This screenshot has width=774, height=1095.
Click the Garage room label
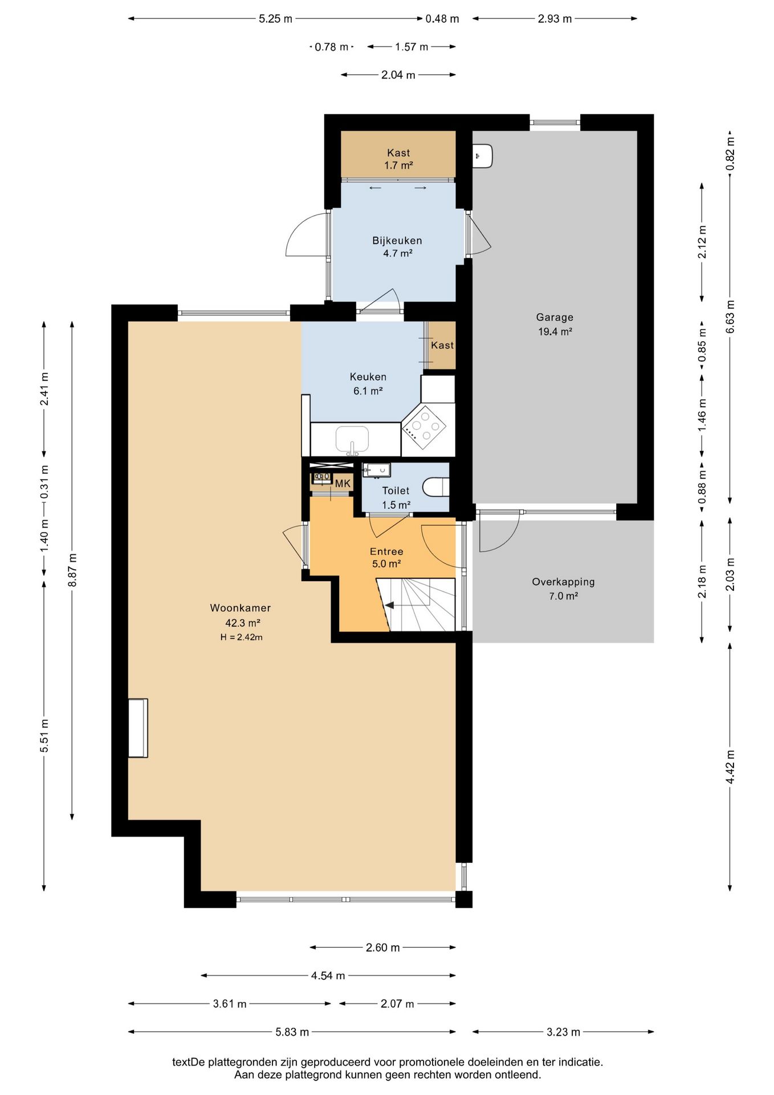(555, 318)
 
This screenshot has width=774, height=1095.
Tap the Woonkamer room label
(241, 608)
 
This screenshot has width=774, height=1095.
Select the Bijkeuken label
(397, 241)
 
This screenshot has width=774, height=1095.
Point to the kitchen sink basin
(352, 439)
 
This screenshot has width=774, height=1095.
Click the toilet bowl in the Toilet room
(436, 487)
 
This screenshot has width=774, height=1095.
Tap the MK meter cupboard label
(343, 484)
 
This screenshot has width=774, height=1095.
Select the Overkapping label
(563, 582)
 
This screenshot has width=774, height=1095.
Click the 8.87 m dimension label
(72, 570)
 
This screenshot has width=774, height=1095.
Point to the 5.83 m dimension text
(292, 1032)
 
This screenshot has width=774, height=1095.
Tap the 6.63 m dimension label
(730, 317)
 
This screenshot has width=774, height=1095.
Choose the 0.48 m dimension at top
(442, 19)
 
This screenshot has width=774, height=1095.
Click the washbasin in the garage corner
(483, 156)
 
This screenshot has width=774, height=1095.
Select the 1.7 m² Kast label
(398, 165)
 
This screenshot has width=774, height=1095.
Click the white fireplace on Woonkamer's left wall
(138, 728)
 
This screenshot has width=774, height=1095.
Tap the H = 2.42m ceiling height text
(242, 637)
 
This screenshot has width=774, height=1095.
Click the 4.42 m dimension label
(730, 766)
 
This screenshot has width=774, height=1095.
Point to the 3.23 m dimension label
(564, 1032)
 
